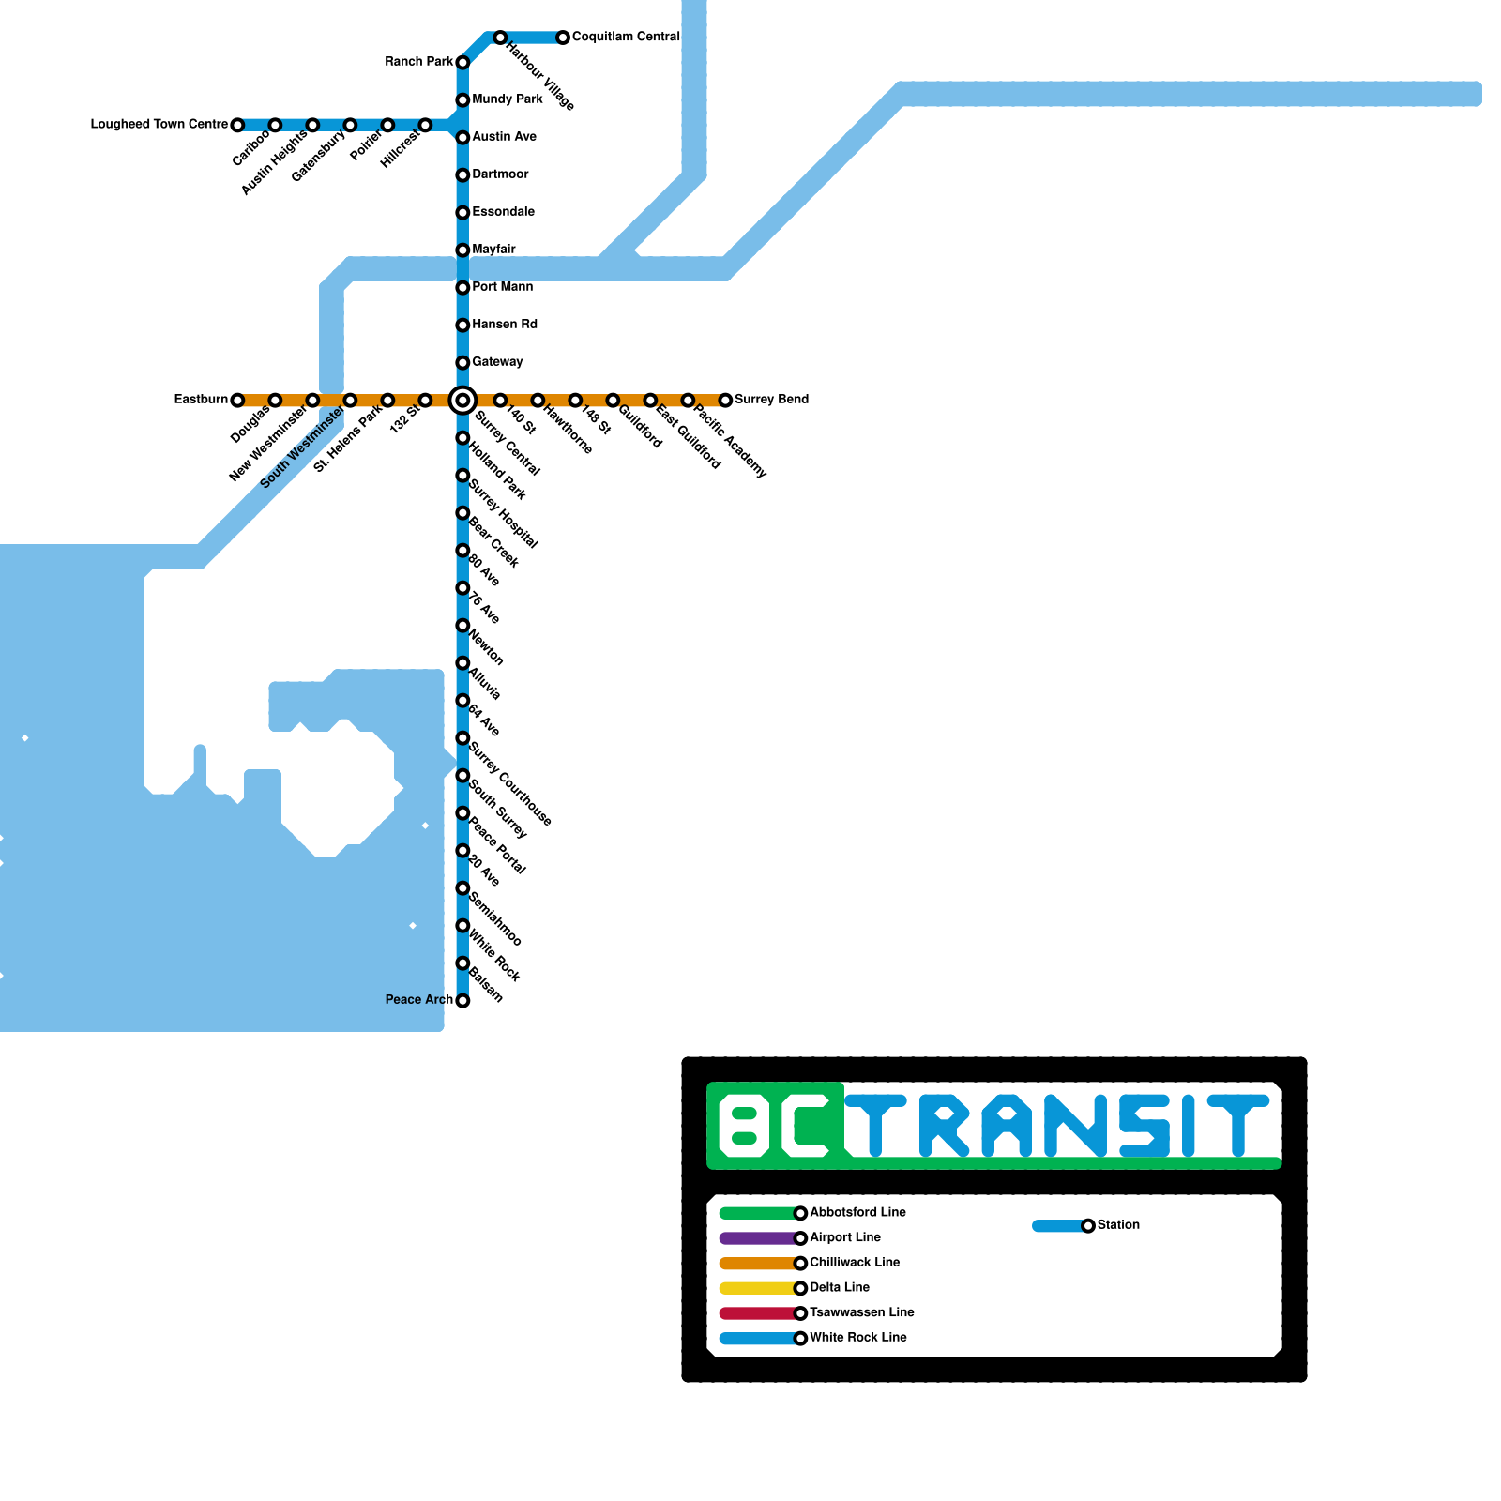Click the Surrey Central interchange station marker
coord(462,401)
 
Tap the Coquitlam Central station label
coord(626,37)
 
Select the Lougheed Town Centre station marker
coord(237,125)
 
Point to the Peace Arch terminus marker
coord(462,1001)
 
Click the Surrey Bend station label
coord(771,400)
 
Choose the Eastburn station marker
coord(237,401)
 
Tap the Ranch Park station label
coord(418,62)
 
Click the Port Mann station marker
coord(462,288)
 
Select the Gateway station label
coord(497,362)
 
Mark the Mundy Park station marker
coord(462,100)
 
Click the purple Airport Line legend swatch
coord(757,1238)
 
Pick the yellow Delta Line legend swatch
coord(757,1288)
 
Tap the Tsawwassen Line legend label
coord(862,1312)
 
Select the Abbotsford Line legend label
coord(857,1212)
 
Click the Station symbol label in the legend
coord(1118,1225)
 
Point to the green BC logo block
coord(776,1126)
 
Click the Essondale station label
coord(503,212)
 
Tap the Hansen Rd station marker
coord(462,326)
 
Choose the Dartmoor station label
coord(500,174)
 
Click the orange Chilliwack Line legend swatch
coord(757,1264)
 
